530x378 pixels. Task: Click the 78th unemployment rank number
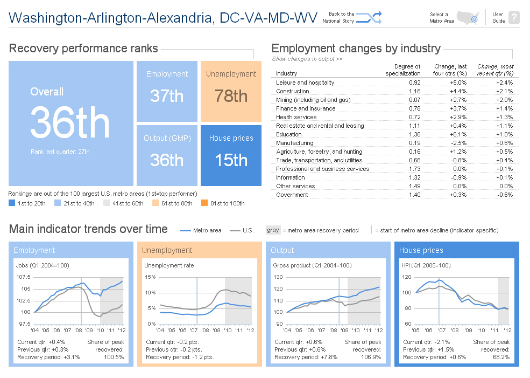[231, 96]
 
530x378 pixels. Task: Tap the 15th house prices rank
[231, 160]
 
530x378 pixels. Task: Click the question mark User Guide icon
[514, 18]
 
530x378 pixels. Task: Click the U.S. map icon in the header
[467, 18]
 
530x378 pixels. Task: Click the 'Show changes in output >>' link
[307, 59]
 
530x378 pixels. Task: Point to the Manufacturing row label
[294, 143]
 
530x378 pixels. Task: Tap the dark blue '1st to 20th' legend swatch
[12, 203]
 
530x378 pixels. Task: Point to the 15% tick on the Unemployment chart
[150, 277]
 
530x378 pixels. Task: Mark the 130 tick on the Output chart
[278, 277]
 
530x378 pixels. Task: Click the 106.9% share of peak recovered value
[370, 357]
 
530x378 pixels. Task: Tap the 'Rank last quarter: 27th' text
[60, 152]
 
